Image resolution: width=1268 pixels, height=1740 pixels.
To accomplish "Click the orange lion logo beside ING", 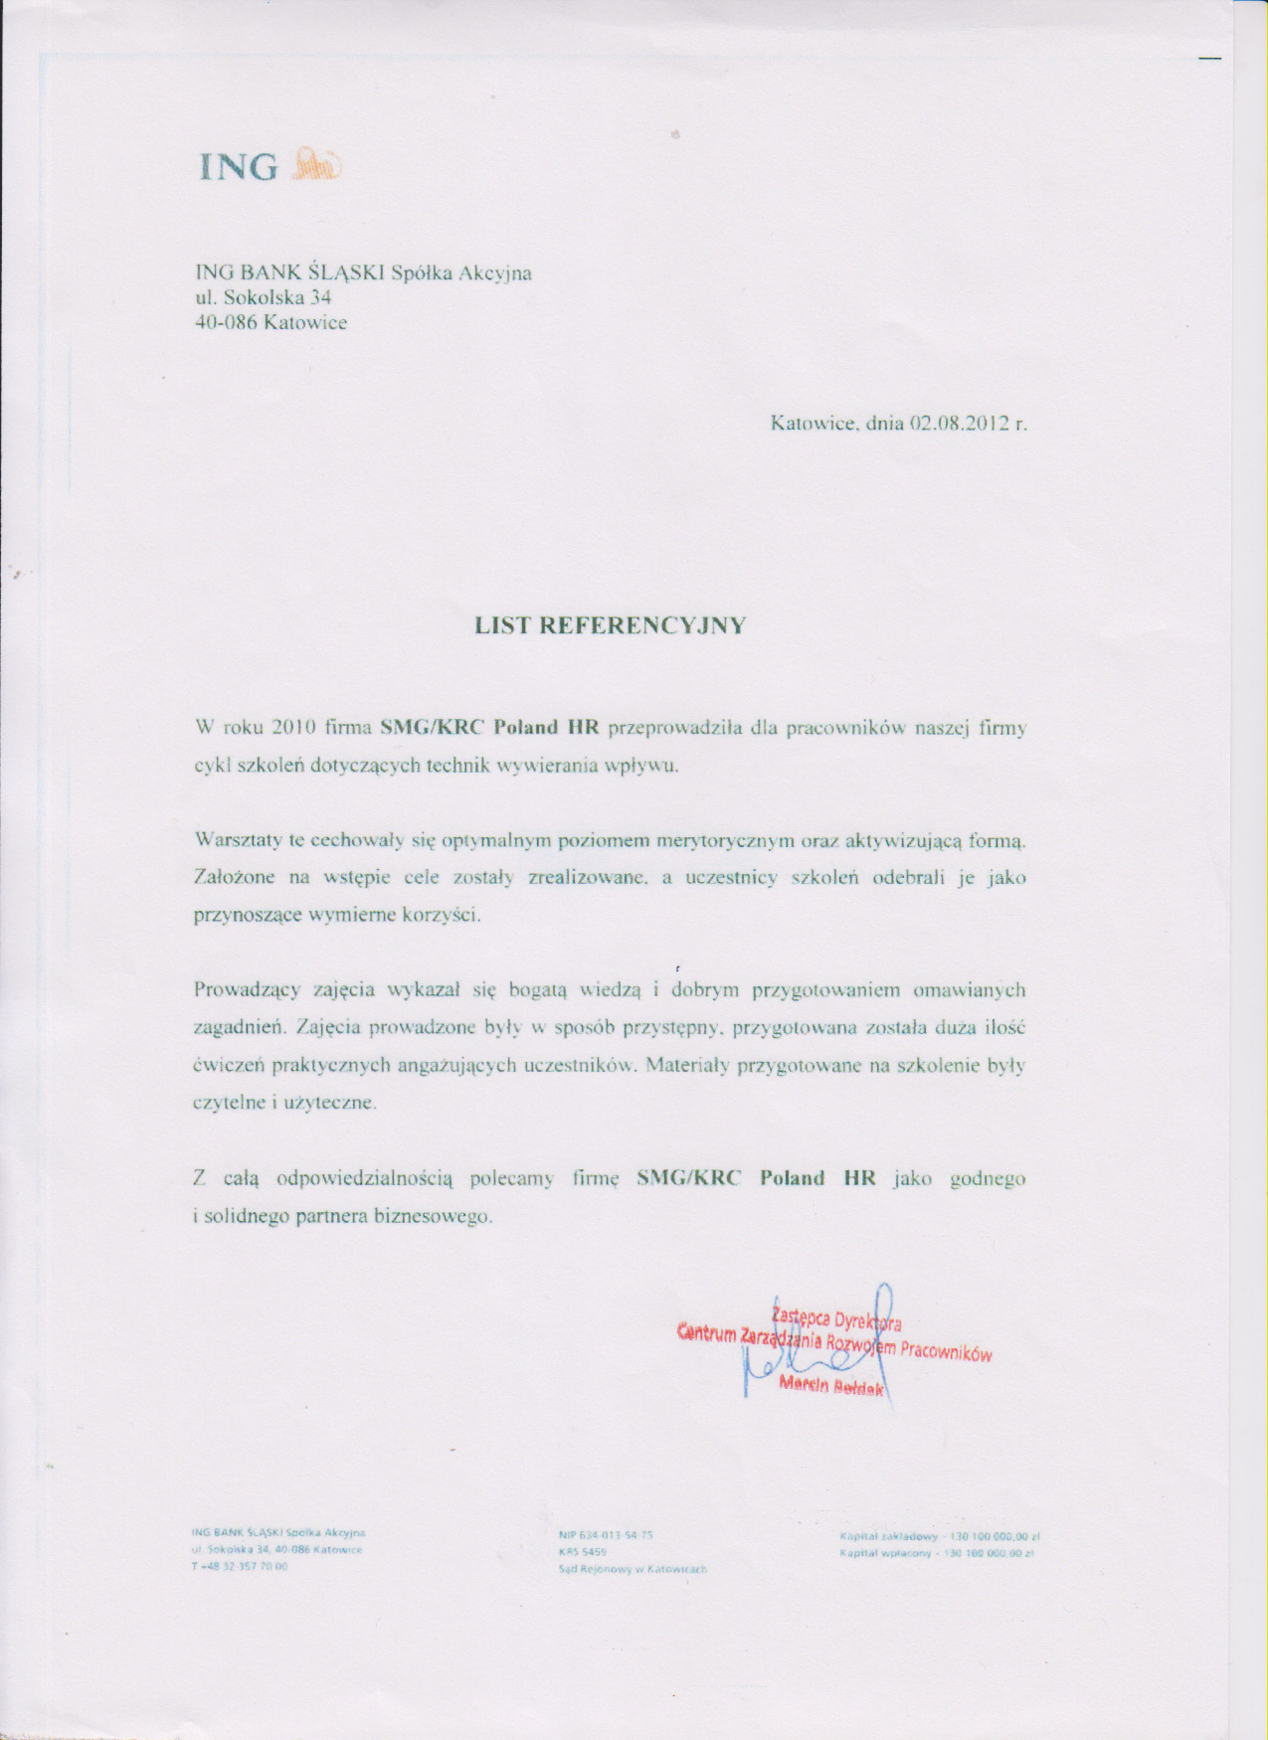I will [316, 164].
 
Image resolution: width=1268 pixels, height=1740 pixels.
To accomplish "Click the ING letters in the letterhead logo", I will [239, 166].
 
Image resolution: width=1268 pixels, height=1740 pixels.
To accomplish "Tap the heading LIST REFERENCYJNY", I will [610, 625].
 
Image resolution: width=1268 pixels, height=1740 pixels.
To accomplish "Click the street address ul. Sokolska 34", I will [263, 297].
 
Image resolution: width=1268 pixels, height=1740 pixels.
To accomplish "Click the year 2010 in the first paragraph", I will [293, 727].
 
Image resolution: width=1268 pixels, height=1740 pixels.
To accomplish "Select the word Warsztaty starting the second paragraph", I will [239, 840].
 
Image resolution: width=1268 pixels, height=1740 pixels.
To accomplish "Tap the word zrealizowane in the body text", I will [588, 878].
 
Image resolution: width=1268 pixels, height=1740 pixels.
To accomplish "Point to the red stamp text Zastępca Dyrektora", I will [836, 1318].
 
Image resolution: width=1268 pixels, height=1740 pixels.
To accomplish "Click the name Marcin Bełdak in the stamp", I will [831, 1386].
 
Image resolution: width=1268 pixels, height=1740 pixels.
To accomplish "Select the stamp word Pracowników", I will [946, 1352].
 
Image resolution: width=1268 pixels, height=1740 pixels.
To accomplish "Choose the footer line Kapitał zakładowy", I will [939, 1536].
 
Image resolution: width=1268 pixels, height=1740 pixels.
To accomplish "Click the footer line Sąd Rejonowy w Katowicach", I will [633, 1569].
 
